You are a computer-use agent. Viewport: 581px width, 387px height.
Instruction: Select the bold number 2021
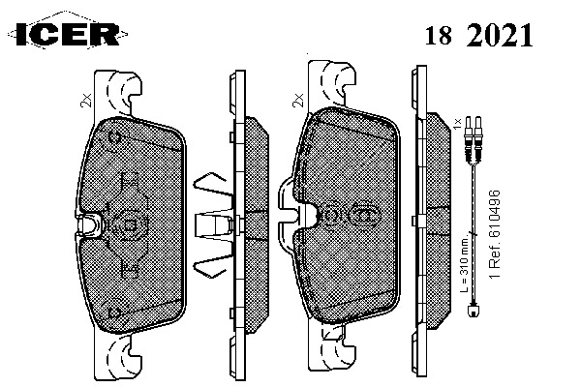(x=500, y=36)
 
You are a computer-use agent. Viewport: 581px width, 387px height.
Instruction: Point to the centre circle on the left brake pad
(x=129, y=223)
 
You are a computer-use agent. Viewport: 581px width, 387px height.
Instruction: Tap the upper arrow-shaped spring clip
(x=209, y=181)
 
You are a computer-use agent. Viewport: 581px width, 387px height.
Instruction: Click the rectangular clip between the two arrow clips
(x=211, y=223)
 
